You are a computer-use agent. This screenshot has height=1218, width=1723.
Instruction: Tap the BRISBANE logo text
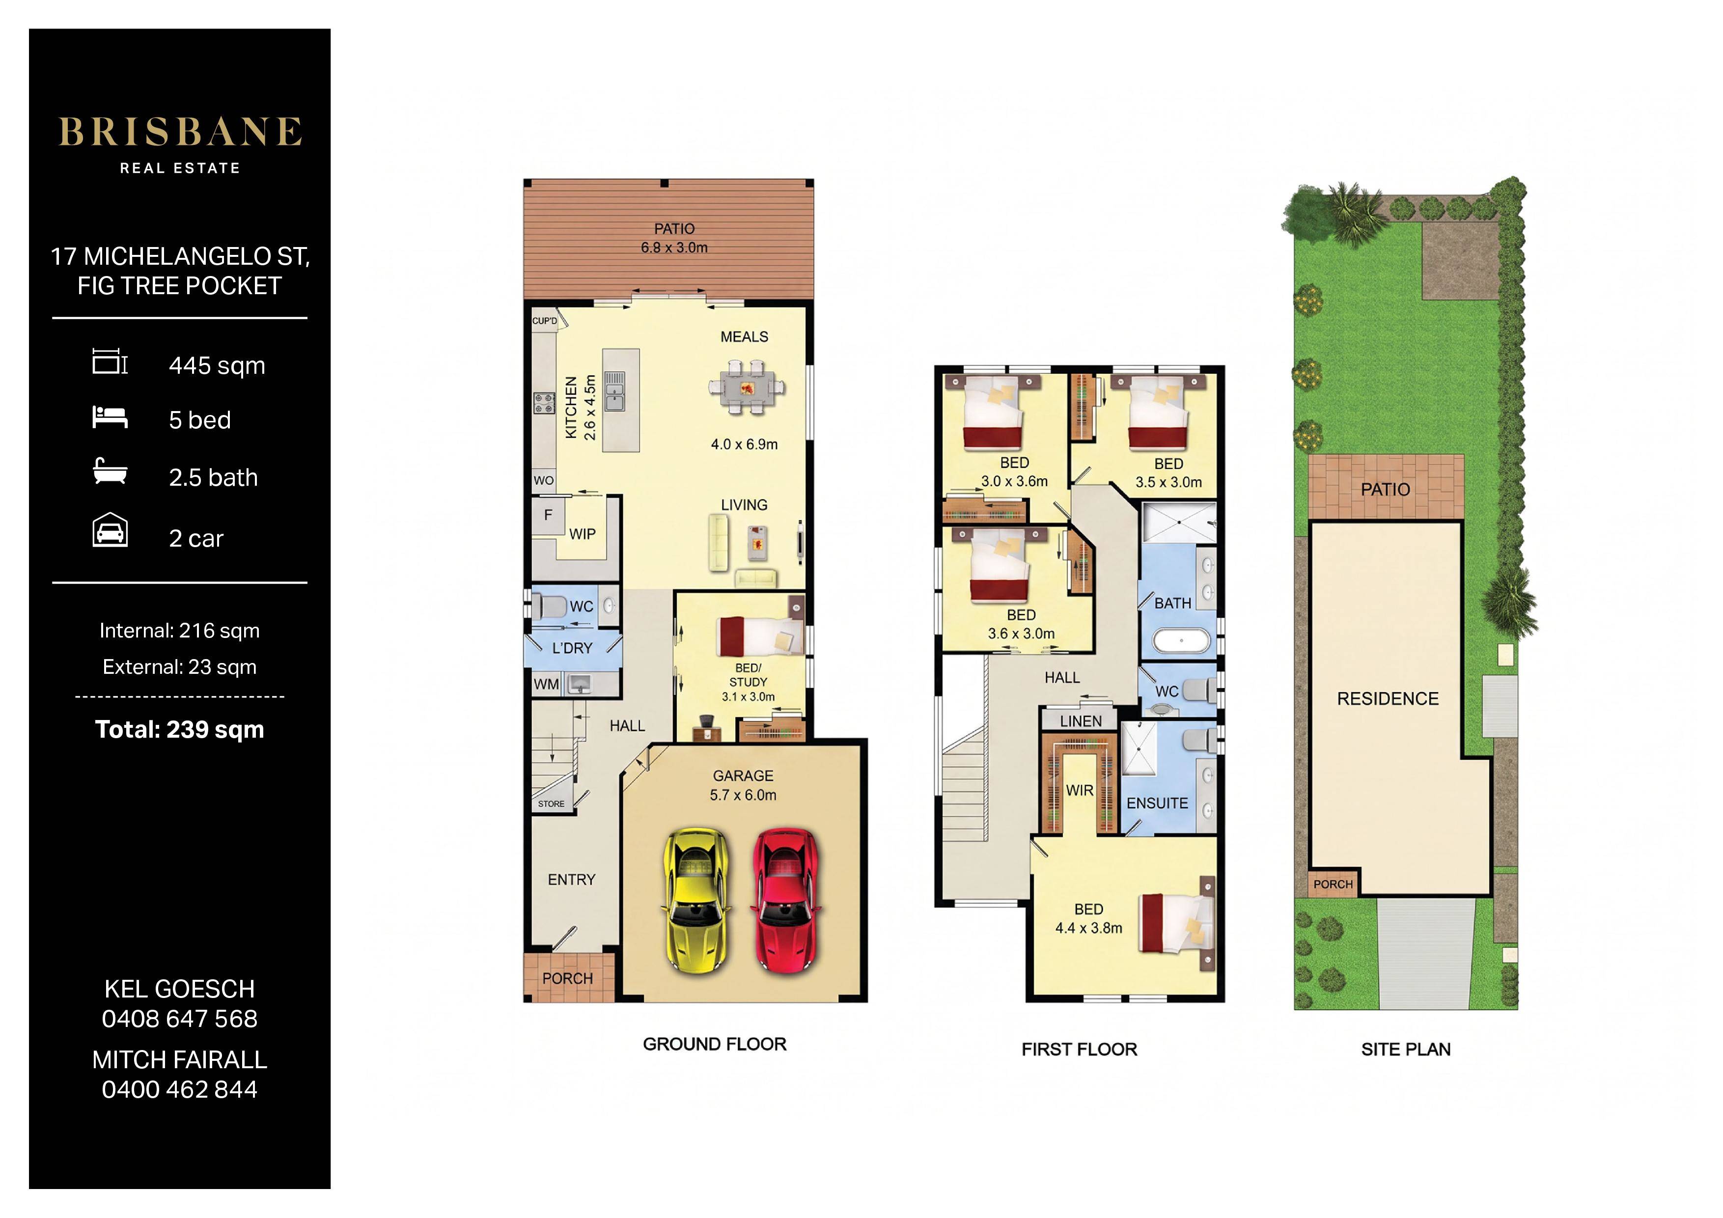180,132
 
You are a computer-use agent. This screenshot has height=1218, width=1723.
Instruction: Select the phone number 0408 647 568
180,1019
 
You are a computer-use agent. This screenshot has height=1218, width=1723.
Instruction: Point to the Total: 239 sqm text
180,729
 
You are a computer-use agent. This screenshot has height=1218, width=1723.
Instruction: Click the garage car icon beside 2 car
110,530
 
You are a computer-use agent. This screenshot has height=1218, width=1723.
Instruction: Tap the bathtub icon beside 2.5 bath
110,471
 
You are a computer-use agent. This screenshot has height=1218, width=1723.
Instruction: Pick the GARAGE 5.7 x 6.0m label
743,785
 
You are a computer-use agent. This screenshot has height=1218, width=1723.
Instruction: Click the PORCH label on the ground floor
567,979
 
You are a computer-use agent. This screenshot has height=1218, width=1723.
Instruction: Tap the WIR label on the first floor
1080,790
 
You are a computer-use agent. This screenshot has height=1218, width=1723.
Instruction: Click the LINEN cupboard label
1081,721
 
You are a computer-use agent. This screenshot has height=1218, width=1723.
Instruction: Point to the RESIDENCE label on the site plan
1388,699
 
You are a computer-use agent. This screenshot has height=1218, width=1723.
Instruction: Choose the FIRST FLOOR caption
1079,1049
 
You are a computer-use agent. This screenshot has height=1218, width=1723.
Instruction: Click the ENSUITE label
1157,803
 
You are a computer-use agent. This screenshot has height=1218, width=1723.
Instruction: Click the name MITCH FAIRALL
180,1060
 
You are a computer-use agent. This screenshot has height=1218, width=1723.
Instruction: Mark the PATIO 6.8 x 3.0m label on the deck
674,238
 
